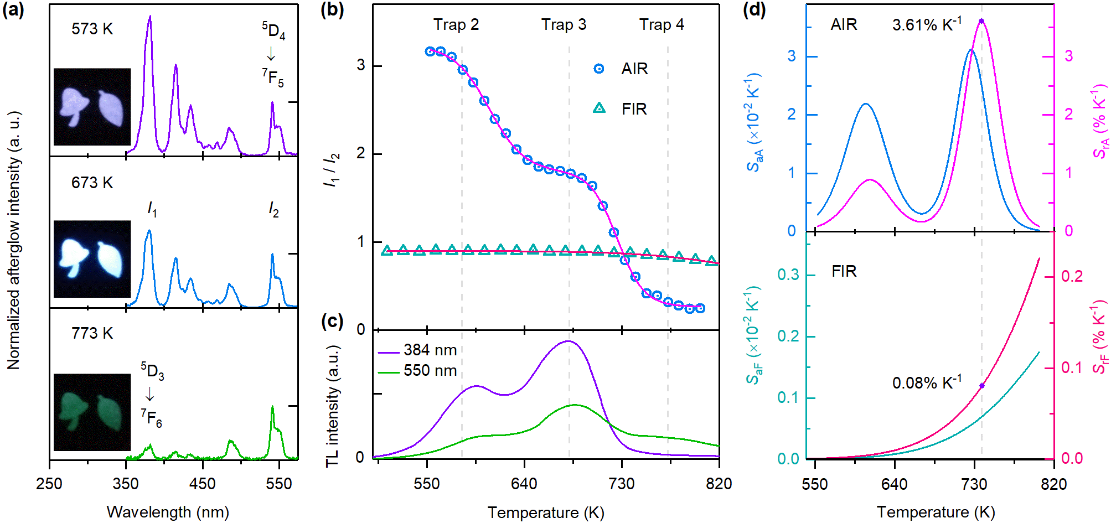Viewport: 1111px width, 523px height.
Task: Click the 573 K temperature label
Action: click(92, 29)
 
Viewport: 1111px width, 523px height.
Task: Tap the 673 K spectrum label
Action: click(92, 183)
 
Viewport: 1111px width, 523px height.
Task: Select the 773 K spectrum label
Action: click(92, 333)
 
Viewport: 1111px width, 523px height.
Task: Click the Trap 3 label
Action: click(564, 25)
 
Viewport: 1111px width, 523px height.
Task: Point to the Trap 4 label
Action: click(662, 25)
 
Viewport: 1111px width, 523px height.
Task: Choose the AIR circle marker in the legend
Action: click(599, 69)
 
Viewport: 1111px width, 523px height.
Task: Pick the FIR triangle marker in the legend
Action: click(599, 108)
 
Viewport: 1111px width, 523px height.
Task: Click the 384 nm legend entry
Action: click(417, 350)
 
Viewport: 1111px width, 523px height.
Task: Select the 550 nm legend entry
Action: click(417, 371)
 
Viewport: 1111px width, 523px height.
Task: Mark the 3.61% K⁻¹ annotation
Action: click(927, 25)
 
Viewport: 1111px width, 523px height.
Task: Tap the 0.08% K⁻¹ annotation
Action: click(927, 382)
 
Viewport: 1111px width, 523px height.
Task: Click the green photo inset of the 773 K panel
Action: click(92, 412)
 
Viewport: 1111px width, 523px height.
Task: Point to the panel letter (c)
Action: click(332, 322)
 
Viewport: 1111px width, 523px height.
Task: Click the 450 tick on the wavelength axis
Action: click(202, 484)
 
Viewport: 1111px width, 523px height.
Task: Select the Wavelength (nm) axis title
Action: click(168, 512)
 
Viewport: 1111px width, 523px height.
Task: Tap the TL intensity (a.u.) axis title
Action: click(332, 407)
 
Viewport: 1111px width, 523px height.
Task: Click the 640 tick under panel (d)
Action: click(895, 484)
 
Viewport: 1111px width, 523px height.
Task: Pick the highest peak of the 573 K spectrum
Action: click(149, 17)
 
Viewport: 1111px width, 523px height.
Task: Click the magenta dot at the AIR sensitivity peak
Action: click(981, 21)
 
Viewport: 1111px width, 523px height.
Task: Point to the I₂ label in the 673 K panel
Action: click(273, 209)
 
